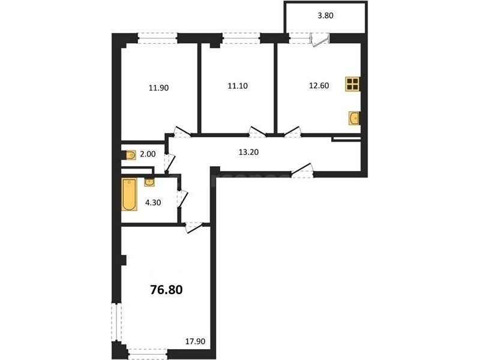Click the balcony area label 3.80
tap(325, 16)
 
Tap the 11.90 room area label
tap(158, 88)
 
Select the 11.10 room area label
tap(238, 86)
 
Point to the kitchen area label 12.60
tap(319, 86)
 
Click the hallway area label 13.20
tap(248, 152)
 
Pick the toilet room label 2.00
tap(148, 154)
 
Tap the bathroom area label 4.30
tap(153, 203)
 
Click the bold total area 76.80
tap(166, 289)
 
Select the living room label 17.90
tap(195, 341)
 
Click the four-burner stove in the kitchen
tap(353, 84)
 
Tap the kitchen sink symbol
tap(355, 118)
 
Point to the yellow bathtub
tap(129, 195)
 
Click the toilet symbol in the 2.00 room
tap(130, 155)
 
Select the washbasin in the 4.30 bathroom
tap(149, 182)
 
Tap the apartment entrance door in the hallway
tap(302, 171)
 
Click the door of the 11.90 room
tap(182, 131)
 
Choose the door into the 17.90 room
tap(194, 227)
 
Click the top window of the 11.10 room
tap(241, 38)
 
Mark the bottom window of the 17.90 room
tap(148, 353)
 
